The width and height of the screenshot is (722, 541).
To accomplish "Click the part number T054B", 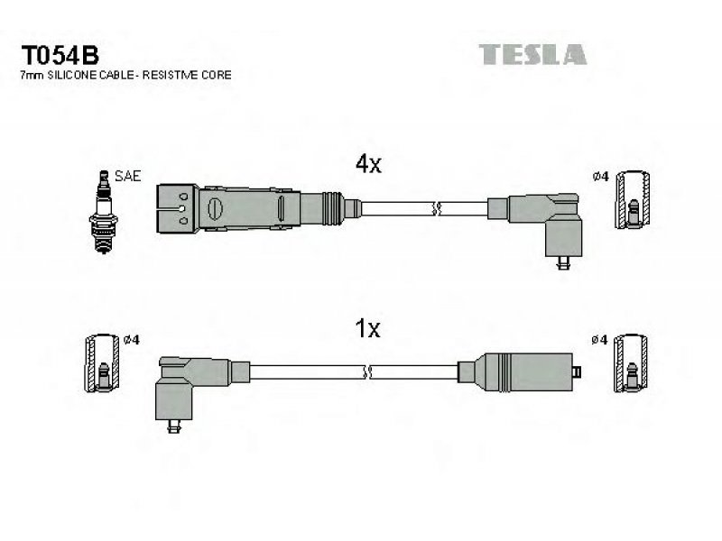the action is [x=60, y=55].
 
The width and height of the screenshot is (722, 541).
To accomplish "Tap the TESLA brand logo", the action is [x=532, y=54].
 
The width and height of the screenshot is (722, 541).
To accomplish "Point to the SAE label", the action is [x=127, y=176].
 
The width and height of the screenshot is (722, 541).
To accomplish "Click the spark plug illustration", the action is [x=104, y=212].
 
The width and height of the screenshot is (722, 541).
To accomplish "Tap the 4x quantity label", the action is [x=368, y=164].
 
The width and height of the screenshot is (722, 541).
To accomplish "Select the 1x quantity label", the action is [x=367, y=328].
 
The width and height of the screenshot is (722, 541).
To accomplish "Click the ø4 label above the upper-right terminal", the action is [x=600, y=176].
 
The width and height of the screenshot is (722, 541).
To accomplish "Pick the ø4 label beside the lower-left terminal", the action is [x=131, y=340].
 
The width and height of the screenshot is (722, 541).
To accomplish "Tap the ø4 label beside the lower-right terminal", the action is [x=599, y=340].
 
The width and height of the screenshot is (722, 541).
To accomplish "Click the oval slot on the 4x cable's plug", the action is [x=215, y=209].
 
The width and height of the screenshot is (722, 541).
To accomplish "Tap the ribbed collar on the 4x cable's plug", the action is [x=333, y=208].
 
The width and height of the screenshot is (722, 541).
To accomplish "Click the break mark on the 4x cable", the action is [x=436, y=209].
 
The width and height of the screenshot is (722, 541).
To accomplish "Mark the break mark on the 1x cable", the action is [x=367, y=372].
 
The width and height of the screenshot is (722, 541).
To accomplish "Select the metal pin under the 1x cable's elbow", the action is [x=174, y=426].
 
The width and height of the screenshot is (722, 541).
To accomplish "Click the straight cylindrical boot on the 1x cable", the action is [x=524, y=372].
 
